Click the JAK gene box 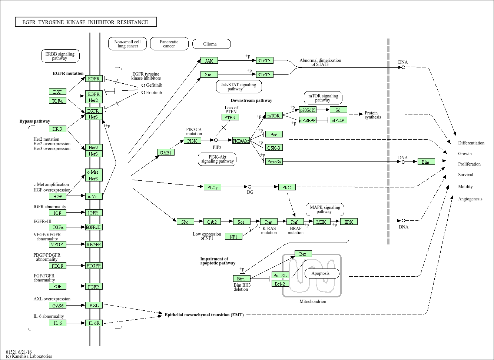[x=209, y=61]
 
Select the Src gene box [x=209, y=75]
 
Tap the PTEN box [x=230, y=117]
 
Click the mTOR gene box [x=274, y=116]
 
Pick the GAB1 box [x=165, y=153]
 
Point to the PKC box [x=287, y=187]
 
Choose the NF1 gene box [x=233, y=237]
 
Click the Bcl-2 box [x=280, y=284]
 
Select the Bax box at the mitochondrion [x=303, y=254]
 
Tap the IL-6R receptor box [x=94, y=323]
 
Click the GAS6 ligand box [x=58, y=306]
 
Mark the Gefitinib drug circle [x=143, y=86]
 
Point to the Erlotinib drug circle [x=143, y=93]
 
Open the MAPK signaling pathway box [x=325, y=210]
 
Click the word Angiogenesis [x=470, y=199]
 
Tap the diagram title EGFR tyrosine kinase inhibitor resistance [x=86, y=22]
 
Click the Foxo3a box [x=274, y=162]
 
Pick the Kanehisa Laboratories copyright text [x=29, y=356]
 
